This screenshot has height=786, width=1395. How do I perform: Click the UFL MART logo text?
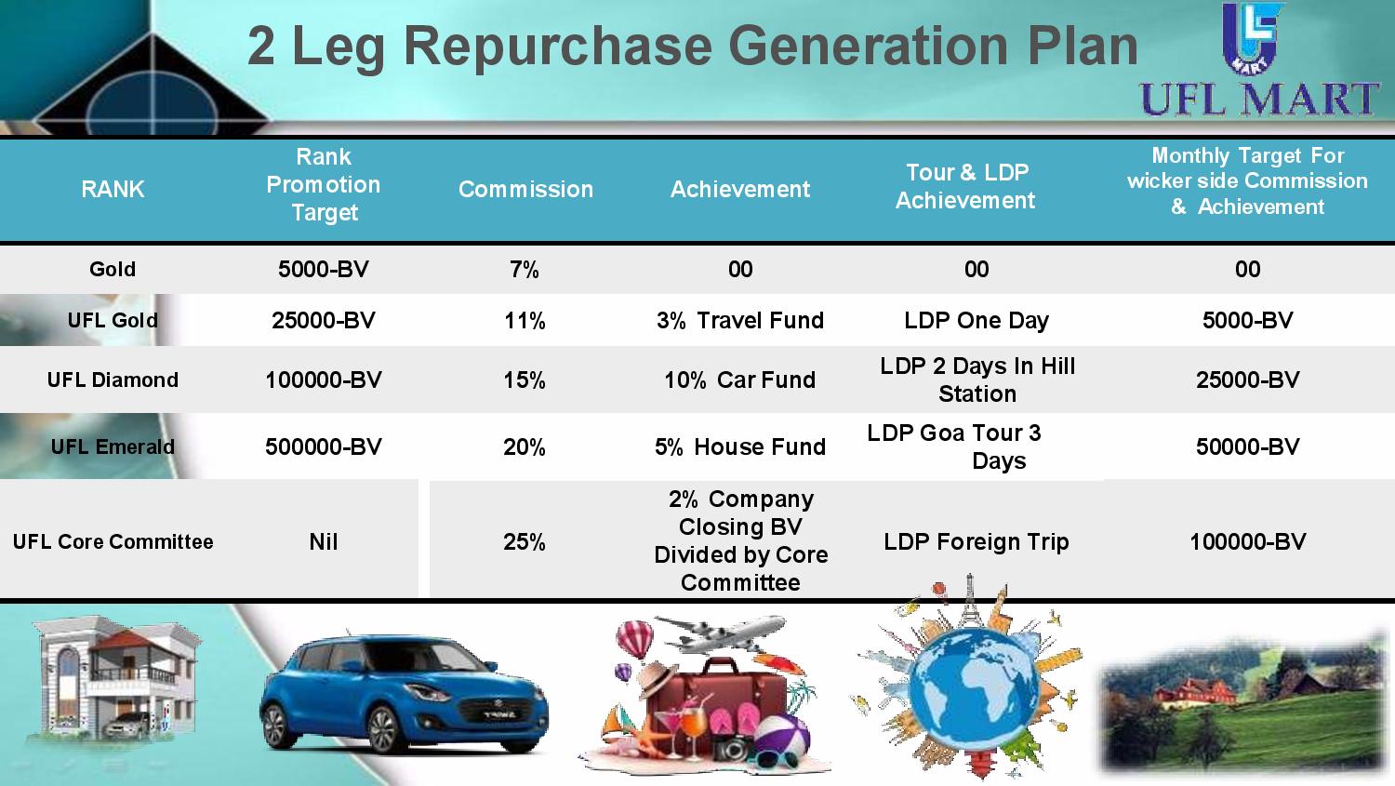pos(1259,99)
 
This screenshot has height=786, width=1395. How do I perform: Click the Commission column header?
pos(525,190)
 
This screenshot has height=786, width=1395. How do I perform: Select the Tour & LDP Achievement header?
pos(966,186)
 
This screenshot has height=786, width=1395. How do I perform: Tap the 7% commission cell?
pos(525,270)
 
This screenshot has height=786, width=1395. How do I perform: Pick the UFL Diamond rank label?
pos(113,380)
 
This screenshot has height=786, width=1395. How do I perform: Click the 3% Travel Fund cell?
pos(740,321)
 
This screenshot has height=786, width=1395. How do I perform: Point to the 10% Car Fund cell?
pos(740,380)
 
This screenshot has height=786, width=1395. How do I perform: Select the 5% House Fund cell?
pos(740,447)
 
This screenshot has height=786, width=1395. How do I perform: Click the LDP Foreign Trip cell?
pos(976,542)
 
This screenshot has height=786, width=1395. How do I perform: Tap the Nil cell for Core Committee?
pos(324,542)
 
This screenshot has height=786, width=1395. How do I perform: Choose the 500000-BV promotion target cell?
pos(324,447)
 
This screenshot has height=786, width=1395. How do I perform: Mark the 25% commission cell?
pos(525,542)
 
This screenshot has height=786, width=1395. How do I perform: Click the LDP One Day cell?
pos(976,321)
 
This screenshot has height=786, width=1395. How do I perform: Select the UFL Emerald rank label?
pos(113,447)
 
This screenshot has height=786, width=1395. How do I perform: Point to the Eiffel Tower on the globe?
pos(969,600)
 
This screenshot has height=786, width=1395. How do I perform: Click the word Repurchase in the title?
pos(557,47)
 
